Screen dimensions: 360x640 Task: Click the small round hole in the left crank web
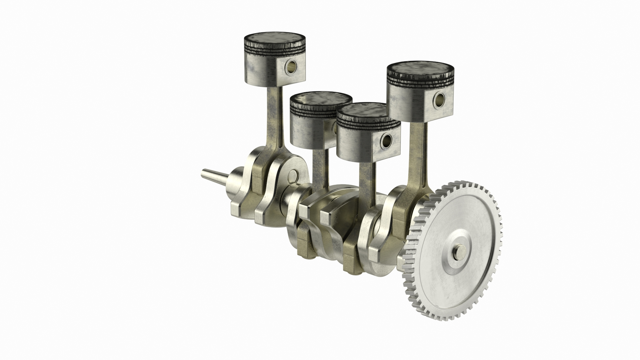pyautogui.click(x=293, y=175)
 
